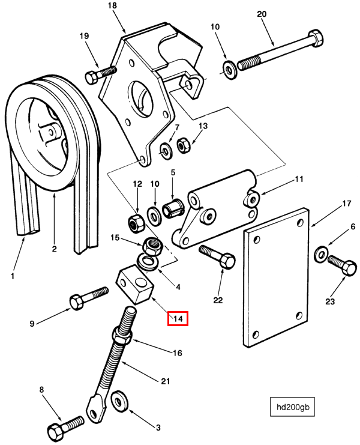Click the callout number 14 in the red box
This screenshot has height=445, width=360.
click(x=178, y=318)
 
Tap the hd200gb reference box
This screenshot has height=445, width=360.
click(x=292, y=407)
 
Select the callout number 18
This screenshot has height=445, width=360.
click(x=112, y=5)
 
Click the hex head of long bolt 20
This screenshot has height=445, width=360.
click(x=316, y=38)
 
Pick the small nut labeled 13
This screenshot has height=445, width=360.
click(x=184, y=145)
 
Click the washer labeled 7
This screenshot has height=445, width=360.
click(x=166, y=151)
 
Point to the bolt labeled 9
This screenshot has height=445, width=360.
click(x=89, y=298)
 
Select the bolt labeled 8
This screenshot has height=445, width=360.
click(x=66, y=429)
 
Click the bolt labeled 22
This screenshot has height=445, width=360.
click(x=217, y=256)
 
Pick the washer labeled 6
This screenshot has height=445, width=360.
click(x=321, y=253)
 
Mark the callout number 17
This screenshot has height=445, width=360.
click(x=346, y=203)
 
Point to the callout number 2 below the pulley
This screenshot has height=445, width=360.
click(x=54, y=249)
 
